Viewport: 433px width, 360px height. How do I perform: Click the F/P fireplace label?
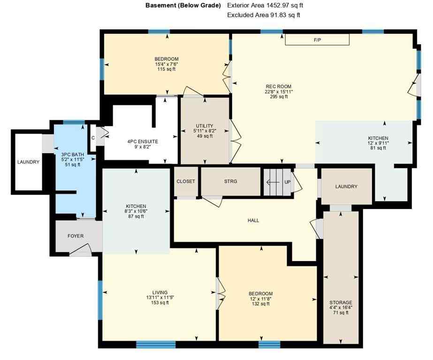(317, 40)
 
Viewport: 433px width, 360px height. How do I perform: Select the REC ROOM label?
(279, 86)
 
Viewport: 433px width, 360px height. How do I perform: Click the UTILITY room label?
(205, 126)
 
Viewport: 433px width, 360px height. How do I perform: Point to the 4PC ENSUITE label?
(143, 141)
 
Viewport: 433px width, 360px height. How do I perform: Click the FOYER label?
(75, 236)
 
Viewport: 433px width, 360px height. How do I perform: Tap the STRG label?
(231, 181)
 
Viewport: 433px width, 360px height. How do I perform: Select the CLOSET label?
(186, 181)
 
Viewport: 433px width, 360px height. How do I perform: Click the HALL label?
(253, 220)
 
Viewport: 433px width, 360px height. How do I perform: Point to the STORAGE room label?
(341, 302)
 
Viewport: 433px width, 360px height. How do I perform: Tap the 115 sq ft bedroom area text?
(167, 69)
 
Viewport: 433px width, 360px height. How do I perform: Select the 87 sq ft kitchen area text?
(136, 217)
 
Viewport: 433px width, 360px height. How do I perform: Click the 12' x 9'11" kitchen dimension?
(378, 143)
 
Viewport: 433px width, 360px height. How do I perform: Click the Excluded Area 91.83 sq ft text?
(263, 15)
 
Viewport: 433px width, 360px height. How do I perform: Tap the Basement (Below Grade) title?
(182, 6)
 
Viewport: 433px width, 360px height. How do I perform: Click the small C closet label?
(93, 138)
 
